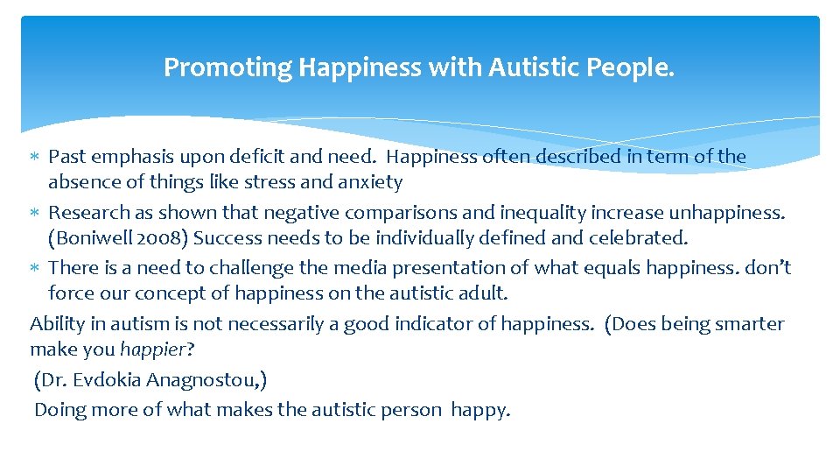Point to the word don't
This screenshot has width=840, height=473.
click(767, 267)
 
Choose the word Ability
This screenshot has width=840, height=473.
click(58, 324)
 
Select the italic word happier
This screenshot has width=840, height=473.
click(152, 349)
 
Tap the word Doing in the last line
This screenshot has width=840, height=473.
click(60, 410)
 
